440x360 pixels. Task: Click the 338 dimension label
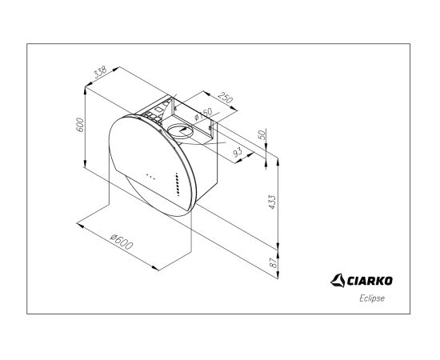(x=100, y=72)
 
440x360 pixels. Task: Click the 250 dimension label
(x=226, y=98)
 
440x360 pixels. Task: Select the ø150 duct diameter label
(x=203, y=114)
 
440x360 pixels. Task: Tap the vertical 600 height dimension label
(x=80, y=125)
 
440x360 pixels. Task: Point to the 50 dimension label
(x=262, y=134)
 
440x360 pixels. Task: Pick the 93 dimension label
(x=238, y=152)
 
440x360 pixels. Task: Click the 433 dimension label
(x=272, y=202)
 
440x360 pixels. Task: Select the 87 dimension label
(x=273, y=262)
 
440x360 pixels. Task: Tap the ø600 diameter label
(x=122, y=242)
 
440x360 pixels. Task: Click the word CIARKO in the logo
(x=370, y=281)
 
